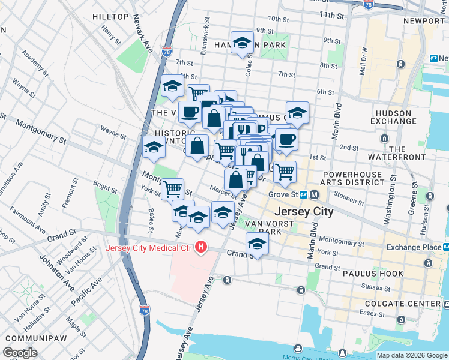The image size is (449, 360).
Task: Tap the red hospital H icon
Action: [202, 247]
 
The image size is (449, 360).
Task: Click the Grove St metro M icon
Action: [315, 194]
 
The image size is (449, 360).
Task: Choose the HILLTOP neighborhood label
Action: [110, 17]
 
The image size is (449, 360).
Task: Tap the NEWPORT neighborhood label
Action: [423, 20]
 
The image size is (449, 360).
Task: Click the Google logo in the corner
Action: [20, 353]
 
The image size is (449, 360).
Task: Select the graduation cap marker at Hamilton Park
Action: [242, 43]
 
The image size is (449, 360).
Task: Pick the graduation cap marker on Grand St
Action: [257, 244]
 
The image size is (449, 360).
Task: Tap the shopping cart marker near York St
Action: [172, 188]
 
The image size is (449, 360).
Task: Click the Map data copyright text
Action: [412, 355]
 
